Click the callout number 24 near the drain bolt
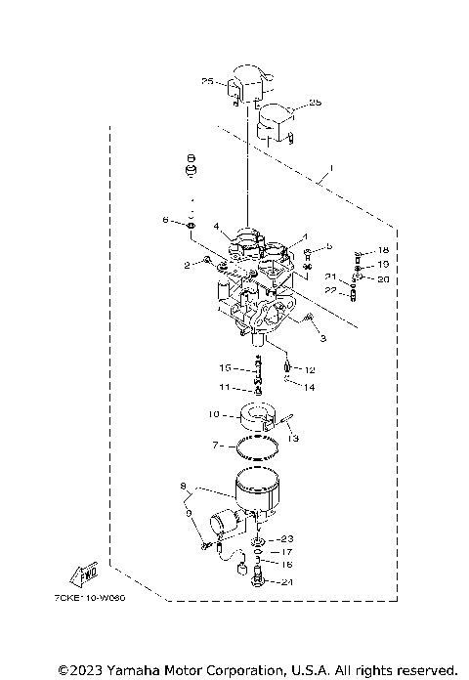[x=285, y=582]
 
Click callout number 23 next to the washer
[x=285, y=538]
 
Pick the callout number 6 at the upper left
[x=166, y=221]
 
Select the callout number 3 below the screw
[x=322, y=337]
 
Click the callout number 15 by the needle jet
[x=225, y=368]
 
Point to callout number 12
[x=310, y=369]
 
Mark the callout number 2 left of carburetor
[x=186, y=264]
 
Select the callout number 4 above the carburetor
[x=216, y=227]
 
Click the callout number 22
[x=331, y=289]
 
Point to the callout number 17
[x=286, y=552]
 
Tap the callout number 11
[x=224, y=388]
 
